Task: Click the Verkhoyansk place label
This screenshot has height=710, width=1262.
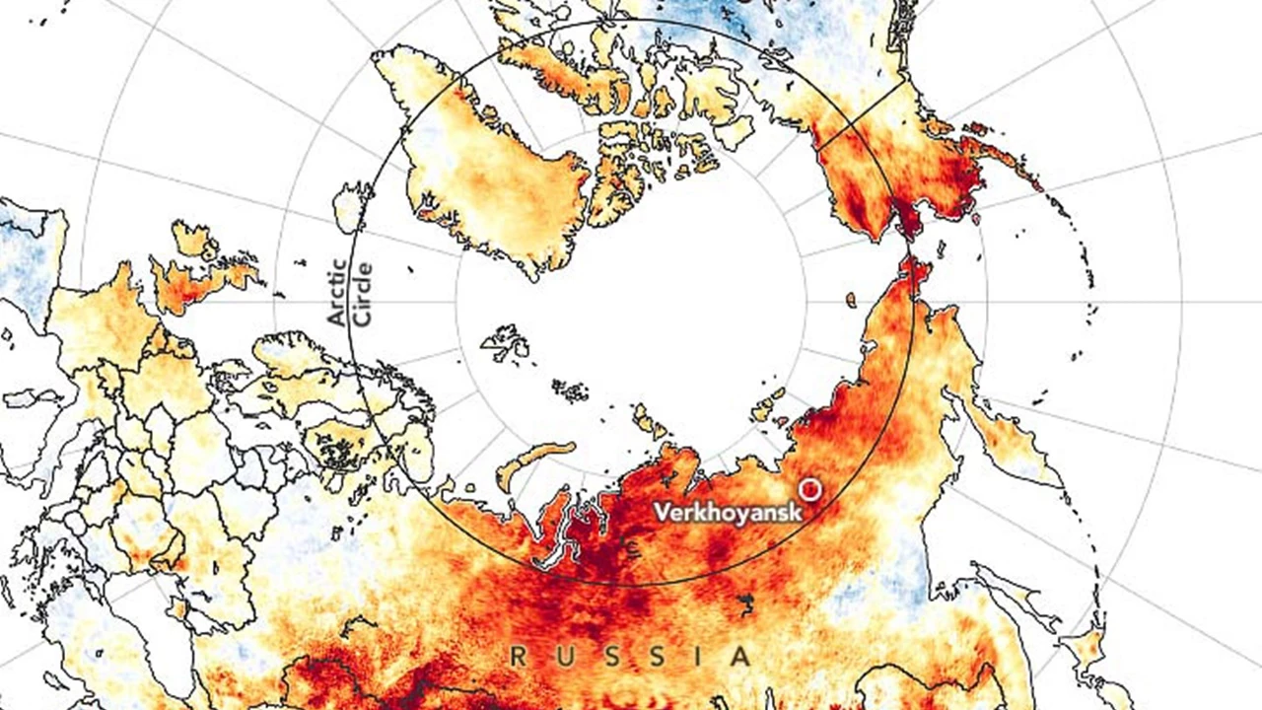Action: point(728,513)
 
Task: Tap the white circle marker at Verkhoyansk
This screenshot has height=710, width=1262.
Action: point(810,488)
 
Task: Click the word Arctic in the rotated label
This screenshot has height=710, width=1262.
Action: point(337,293)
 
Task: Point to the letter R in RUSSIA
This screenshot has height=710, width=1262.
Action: point(518,656)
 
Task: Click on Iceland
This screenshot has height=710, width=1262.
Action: point(350,207)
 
